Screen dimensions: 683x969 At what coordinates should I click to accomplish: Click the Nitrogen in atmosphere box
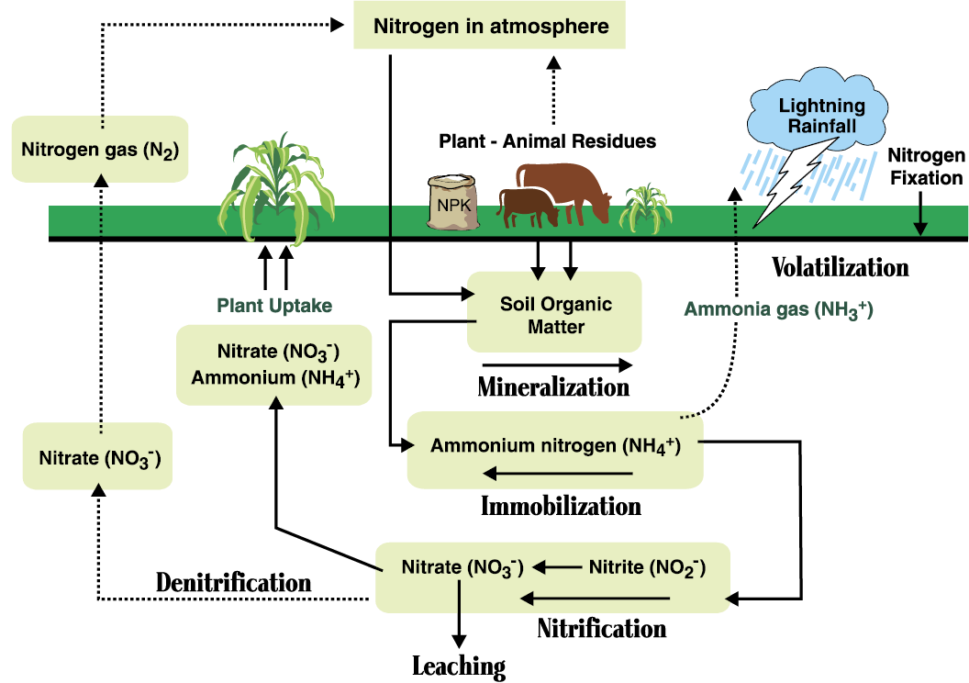(x=490, y=26)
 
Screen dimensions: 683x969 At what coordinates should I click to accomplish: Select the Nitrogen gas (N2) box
(x=100, y=149)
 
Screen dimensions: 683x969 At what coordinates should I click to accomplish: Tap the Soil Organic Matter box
(x=555, y=312)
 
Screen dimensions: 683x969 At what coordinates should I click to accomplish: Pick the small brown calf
(x=528, y=207)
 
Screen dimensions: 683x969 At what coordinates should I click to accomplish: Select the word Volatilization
(x=840, y=267)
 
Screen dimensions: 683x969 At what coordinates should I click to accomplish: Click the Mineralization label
(x=553, y=386)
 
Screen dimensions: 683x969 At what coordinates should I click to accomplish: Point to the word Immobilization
(x=561, y=506)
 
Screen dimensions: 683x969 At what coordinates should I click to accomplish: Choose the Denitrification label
(x=233, y=582)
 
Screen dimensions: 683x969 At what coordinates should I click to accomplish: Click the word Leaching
(x=459, y=666)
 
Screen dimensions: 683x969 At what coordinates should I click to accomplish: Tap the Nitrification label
(x=601, y=629)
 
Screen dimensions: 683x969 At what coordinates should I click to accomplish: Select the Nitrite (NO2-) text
(x=647, y=567)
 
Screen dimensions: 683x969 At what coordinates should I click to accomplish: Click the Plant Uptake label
(x=274, y=305)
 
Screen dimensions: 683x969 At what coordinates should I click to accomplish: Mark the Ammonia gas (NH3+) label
(x=778, y=310)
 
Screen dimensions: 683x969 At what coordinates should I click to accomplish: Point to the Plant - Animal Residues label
(x=547, y=141)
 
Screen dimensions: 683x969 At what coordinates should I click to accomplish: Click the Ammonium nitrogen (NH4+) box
(x=555, y=447)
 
